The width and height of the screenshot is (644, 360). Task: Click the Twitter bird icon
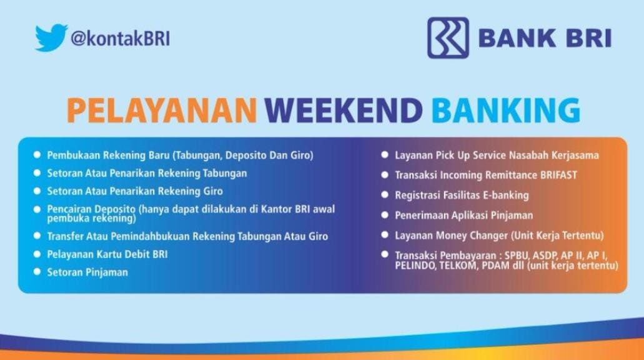pyautogui.click(x=51, y=37)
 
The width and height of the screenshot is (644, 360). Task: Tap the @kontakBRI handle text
pyautogui.click(x=121, y=39)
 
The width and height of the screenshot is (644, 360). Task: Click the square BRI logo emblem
pyautogui.click(x=448, y=37)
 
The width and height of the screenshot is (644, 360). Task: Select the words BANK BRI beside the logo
pyautogui.click(x=545, y=38)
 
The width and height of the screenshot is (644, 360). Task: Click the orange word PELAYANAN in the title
pyautogui.click(x=162, y=110)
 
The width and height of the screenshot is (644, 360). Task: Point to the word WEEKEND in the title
pyautogui.click(x=344, y=110)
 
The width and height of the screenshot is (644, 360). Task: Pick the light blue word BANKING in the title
pyautogui.click(x=505, y=110)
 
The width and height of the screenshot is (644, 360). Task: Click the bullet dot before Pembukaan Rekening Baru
pyautogui.click(x=37, y=154)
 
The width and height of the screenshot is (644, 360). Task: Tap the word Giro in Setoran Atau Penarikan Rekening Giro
pyautogui.click(x=213, y=191)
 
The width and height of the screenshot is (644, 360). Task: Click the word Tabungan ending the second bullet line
pyautogui.click(x=225, y=173)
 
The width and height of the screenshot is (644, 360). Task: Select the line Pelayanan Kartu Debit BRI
pyautogui.click(x=107, y=254)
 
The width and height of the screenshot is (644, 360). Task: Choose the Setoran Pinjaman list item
pyautogui.click(x=87, y=272)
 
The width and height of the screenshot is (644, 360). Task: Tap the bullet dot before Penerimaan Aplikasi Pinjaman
pyautogui.click(x=385, y=215)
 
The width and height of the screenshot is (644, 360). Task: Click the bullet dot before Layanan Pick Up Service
pyautogui.click(x=385, y=154)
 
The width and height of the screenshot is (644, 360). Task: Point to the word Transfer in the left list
pyautogui.click(x=65, y=236)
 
